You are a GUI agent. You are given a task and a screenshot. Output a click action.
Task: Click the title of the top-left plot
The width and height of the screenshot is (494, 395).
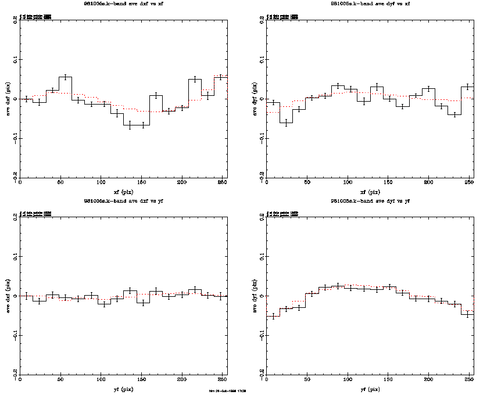pyautogui.click(x=123, y=3)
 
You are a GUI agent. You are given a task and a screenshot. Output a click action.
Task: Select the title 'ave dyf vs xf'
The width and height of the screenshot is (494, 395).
pyautogui.click(x=370, y=3)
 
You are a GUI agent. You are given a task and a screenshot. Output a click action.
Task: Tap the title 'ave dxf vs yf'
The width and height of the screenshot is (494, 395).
pyautogui.click(x=123, y=201)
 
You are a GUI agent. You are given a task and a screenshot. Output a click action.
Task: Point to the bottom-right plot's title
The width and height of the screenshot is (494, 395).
pyautogui.click(x=370, y=201)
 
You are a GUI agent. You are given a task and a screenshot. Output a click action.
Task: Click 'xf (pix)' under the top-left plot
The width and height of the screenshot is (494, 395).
pyautogui.click(x=123, y=192)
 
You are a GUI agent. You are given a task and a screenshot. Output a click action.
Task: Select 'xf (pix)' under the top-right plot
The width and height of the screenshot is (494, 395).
pyautogui.click(x=370, y=192)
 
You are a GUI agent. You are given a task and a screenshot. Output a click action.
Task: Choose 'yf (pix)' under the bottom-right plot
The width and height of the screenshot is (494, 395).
pyautogui.click(x=370, y=389)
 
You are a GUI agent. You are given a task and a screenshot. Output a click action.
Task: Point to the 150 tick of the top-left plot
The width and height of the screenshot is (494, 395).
pyautogui.click(x=141, y=184)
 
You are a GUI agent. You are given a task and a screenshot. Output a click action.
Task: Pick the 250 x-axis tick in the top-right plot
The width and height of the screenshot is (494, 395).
pyautogui.click(x=468, y=184)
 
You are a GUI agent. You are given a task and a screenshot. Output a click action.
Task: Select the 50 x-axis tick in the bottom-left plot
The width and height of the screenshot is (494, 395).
pyautogui.click(x=60, y=380)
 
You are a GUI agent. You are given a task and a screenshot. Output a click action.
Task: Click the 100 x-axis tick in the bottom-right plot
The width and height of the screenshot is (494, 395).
pyautogui.click(x=347, y=380)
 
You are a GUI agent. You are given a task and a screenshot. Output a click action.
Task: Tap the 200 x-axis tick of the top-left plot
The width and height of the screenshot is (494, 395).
pyautogui.click(x=181, y=184)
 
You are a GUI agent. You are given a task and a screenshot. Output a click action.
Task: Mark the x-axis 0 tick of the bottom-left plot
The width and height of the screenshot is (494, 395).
pyautogui.click(x=21, y=380)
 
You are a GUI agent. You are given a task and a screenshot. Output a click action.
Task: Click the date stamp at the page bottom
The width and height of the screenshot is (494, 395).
pyautogui.click(x=227, y=391)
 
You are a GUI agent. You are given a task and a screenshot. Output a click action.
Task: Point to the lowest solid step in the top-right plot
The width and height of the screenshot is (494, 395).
pyautogui.click(x=285, y=123)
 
